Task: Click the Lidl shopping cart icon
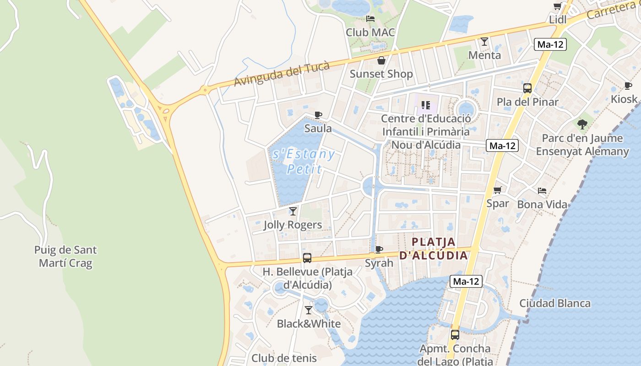[x=557, y=6]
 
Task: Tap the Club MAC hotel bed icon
[x=370, y=19]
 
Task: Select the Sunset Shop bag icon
[x=381, y=60]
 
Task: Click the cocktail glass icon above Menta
[x=484, y=42]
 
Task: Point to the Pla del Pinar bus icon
[x=527, y=88]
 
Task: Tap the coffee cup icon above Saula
[x=318, y=115]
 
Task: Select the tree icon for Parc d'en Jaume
[x=582, y=124]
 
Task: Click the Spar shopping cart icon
[x=498, y=190]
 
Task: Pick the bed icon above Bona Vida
[x=542, y=191]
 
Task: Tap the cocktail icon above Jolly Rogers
[x=293, y=211]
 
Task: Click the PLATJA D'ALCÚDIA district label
[x=434, y=248]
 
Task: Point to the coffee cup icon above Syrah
[x=379, y=249]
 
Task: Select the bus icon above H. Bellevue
[x=307, y=258]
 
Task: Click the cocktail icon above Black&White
[x=309, y=310]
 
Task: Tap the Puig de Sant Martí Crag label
[x=65, y=257]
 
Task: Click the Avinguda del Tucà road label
[x=282, y=74]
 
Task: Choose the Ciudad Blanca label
[x=554, y=303]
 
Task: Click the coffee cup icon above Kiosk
[x=628, y=86]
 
